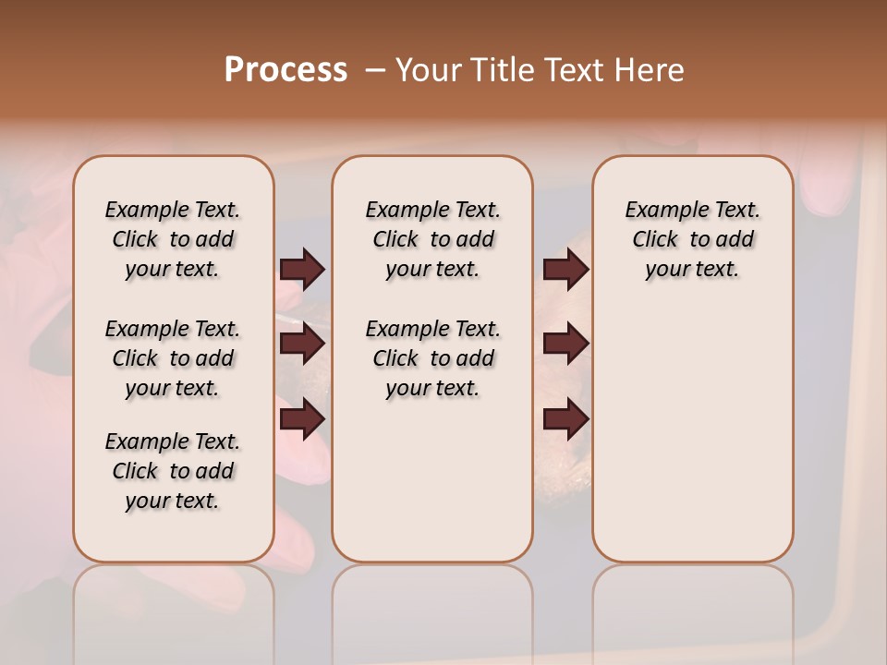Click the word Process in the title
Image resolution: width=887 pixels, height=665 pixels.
[x=286, y=70]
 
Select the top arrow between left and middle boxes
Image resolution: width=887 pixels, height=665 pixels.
[x=302, y=269]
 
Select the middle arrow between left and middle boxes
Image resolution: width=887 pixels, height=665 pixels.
[x=302, y=344]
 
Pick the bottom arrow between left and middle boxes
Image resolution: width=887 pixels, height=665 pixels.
[x=302, y=419]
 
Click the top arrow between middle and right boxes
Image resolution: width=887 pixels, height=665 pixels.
[x=565, y=269]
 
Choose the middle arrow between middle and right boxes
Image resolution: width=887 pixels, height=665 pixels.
[x=565, y=344]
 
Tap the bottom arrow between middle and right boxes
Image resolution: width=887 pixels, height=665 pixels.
[x=565, y=419]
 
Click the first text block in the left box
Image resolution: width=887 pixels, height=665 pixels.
[x=173, y=239]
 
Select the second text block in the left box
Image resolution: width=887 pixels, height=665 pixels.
[x=173, y=358]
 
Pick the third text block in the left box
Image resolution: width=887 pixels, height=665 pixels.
[x=173, y=471]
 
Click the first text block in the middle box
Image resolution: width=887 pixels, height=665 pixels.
[x=432, y=239]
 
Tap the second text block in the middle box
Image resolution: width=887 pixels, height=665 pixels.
[x=432, y=358]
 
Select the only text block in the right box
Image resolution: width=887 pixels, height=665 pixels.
[x=692, y=239]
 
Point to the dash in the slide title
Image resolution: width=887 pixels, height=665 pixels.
[x=375, y=70]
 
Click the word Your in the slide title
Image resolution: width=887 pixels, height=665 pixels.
[x=429, y=70]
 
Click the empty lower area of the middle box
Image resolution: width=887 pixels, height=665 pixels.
[x=432, y=480]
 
